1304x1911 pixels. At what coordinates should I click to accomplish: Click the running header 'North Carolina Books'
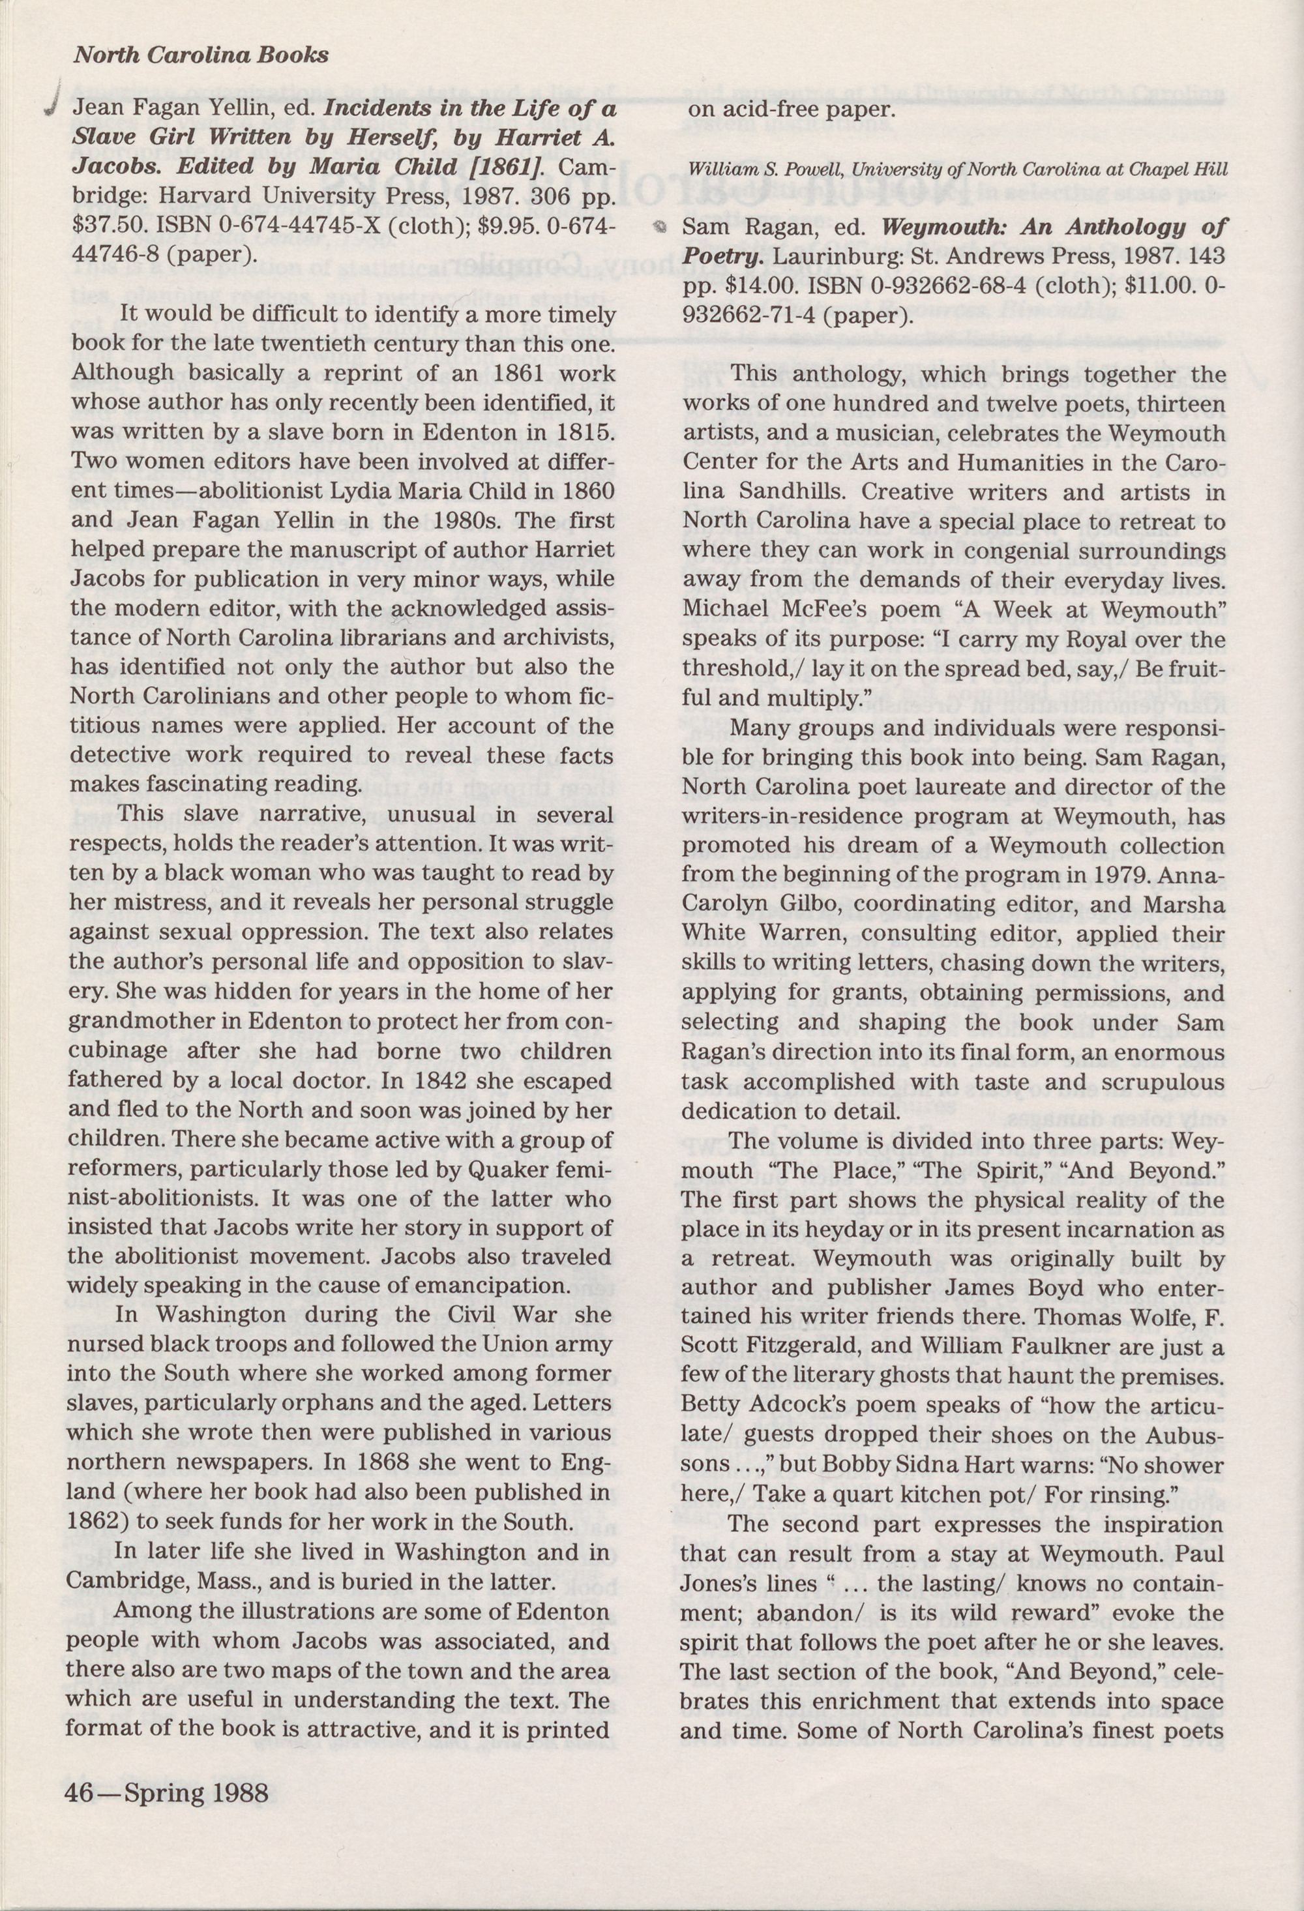[x=201, y=55]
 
